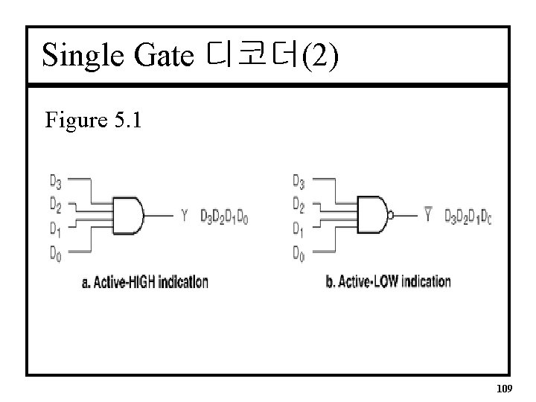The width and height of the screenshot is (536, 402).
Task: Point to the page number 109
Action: [504, 387]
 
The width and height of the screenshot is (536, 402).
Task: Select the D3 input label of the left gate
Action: [56, 180]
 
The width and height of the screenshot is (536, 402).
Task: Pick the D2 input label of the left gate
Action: [56, 202]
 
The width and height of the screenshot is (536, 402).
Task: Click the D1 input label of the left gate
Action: [56, 229]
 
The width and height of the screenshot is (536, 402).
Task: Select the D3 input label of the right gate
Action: [299, 180]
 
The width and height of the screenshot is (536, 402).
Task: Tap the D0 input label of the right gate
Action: [299, 255]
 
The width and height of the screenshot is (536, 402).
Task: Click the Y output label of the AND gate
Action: [185, 217]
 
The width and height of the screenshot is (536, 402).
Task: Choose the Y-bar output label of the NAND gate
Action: [427, 216]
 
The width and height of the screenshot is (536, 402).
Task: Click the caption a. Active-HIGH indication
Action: [144, 282]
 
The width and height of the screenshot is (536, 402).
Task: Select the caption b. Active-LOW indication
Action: [389, 281]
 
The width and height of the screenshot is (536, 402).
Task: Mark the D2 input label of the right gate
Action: [299, 202]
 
